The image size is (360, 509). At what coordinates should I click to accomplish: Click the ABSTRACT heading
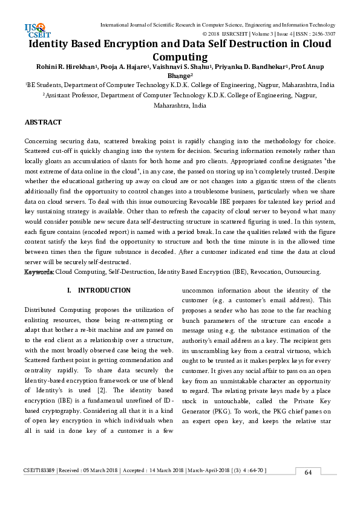click(43, 122)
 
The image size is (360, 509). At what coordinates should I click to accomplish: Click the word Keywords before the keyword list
click(39, 273)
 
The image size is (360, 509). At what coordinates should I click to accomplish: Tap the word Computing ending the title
click(180, 57)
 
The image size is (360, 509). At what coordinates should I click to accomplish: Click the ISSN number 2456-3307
click(321, 34)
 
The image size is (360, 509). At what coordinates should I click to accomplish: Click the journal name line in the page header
click(217, 24)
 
